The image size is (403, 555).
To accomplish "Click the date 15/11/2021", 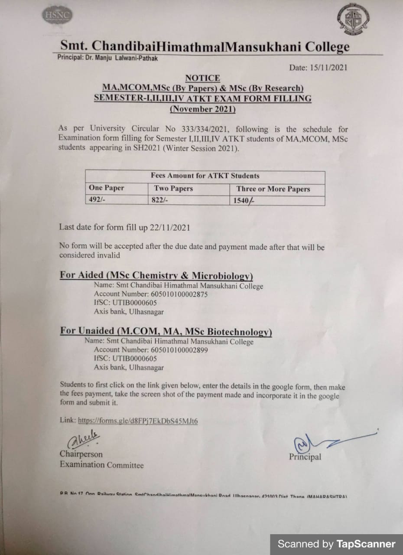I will point(329,68).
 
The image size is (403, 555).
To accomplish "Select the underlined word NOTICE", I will point(202,78).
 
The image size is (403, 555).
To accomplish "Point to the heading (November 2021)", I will point(202,109).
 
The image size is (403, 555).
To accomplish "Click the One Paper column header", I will point(106,188).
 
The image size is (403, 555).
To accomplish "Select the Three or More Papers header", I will point(273,189).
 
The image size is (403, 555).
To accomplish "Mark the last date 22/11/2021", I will point(169,227).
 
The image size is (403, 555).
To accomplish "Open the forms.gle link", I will point(138,420).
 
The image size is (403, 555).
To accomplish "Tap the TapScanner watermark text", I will point(336,544).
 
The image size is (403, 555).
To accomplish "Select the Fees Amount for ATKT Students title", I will point(205,176).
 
